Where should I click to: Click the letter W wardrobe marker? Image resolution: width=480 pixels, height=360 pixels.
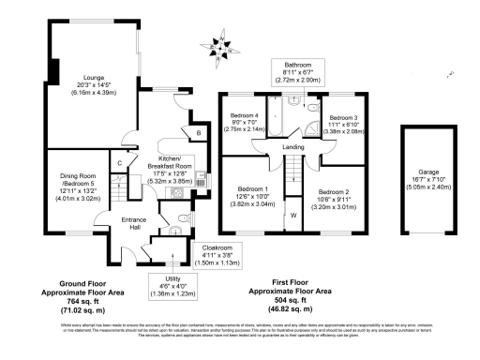click(293, 215)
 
